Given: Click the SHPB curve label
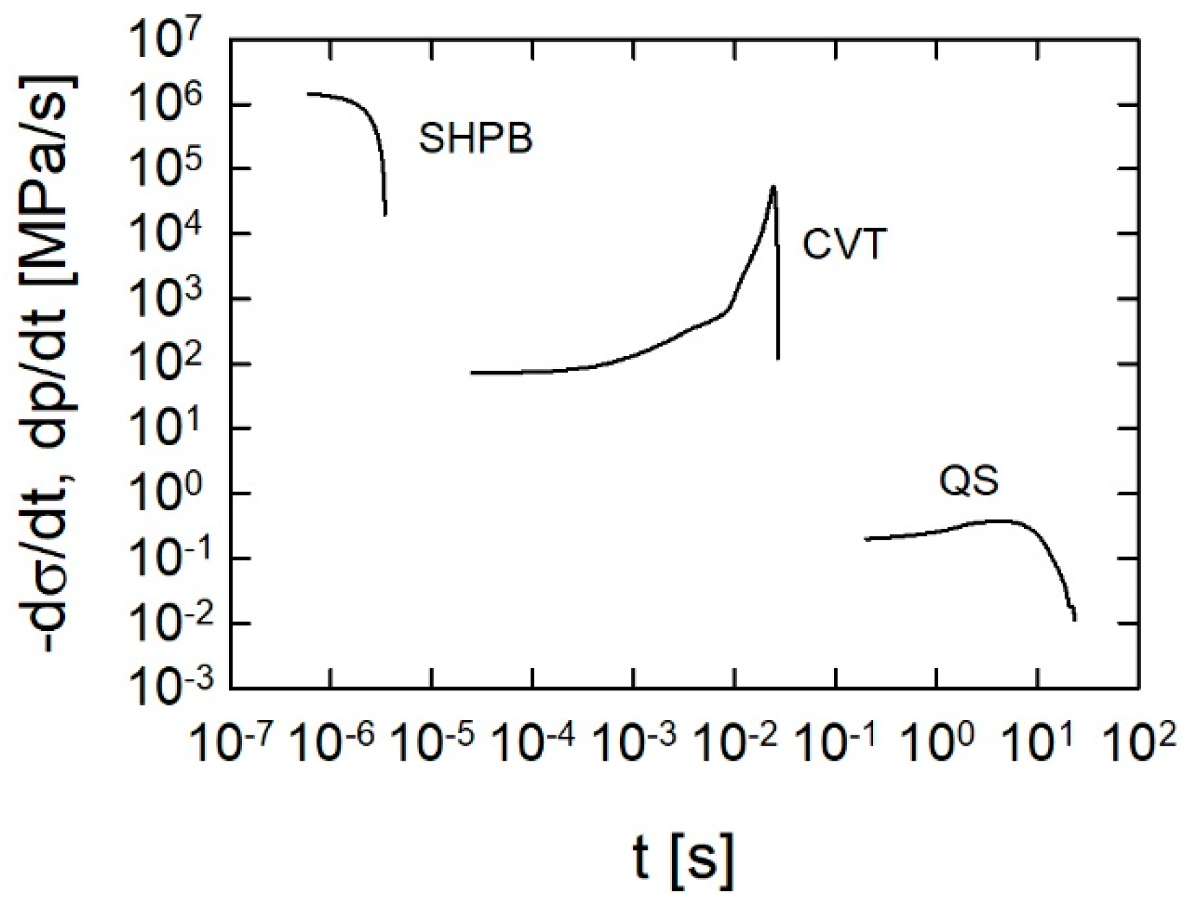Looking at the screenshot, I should (x=475, y=139).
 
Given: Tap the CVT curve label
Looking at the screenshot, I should (x=844, y=244).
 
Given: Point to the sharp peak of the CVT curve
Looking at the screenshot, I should (x=773, y=187).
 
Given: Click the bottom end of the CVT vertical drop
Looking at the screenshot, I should (x=778, y=358).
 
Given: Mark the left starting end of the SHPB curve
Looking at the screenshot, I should (x=309, y=94).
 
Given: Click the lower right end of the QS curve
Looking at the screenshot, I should (x=1075, y=619).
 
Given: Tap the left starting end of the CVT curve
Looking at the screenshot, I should (x=472, y=373).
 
